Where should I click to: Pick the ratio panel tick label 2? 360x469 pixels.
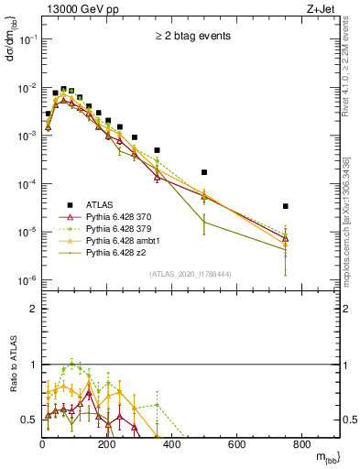point(34,309)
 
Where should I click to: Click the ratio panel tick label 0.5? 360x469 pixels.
point(30,420)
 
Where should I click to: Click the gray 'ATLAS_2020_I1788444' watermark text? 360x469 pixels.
point(191,273)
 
